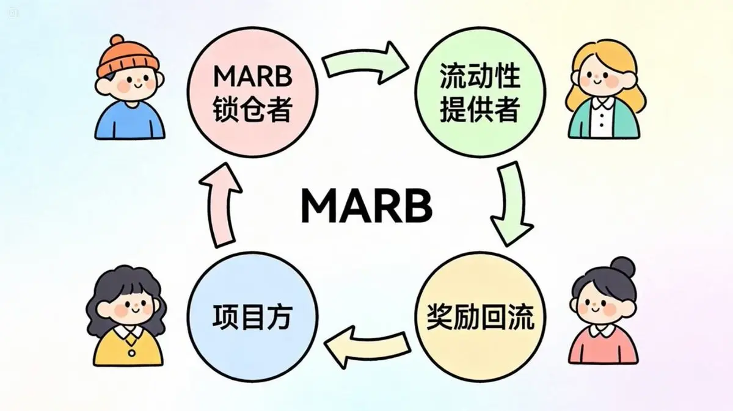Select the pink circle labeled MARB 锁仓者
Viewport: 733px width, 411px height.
252,92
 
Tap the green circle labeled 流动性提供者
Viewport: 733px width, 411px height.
480,92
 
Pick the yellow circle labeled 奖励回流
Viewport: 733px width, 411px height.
480,318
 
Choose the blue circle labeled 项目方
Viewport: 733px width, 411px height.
252,318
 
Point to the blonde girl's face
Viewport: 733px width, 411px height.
601,77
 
